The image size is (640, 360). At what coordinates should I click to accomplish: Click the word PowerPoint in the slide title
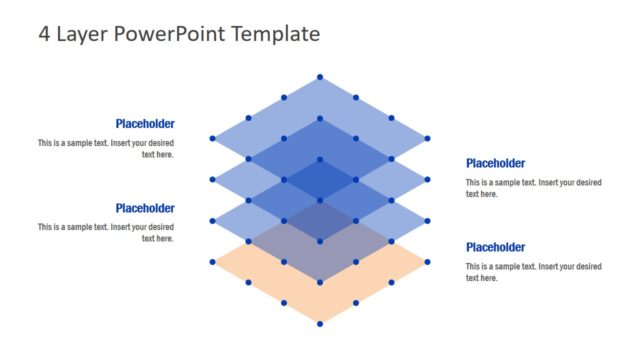point(169,34)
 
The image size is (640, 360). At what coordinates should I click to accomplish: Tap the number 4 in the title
point(44,34)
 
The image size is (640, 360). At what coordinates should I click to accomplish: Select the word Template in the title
point(276,34)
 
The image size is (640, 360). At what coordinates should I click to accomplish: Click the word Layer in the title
point(81,34)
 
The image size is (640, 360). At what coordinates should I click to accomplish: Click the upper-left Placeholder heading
point(145,124)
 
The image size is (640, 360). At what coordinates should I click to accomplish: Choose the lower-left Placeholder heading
point(145,208)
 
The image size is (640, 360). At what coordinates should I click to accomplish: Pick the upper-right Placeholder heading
point(495,163)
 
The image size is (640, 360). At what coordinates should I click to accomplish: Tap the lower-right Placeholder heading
point(495,247)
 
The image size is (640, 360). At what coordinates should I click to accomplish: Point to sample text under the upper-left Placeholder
point(106,149)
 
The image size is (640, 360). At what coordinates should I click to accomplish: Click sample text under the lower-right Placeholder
point(533,272)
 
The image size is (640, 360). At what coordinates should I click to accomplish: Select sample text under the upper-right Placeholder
point(533,188)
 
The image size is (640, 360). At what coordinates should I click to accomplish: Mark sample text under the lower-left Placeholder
point(106,233)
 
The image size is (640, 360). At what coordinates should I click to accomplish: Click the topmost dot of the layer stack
point(320,77)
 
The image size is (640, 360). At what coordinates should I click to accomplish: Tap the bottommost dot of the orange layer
point(320,323)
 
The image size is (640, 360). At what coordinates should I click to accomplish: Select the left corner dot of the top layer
point(212,138)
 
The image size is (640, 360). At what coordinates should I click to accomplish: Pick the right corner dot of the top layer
point(428,138)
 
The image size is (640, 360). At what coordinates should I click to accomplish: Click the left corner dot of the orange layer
point(212,262)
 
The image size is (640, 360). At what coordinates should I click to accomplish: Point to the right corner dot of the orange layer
point(428,262)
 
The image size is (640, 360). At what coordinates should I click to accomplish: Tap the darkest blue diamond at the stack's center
point(320,180)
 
